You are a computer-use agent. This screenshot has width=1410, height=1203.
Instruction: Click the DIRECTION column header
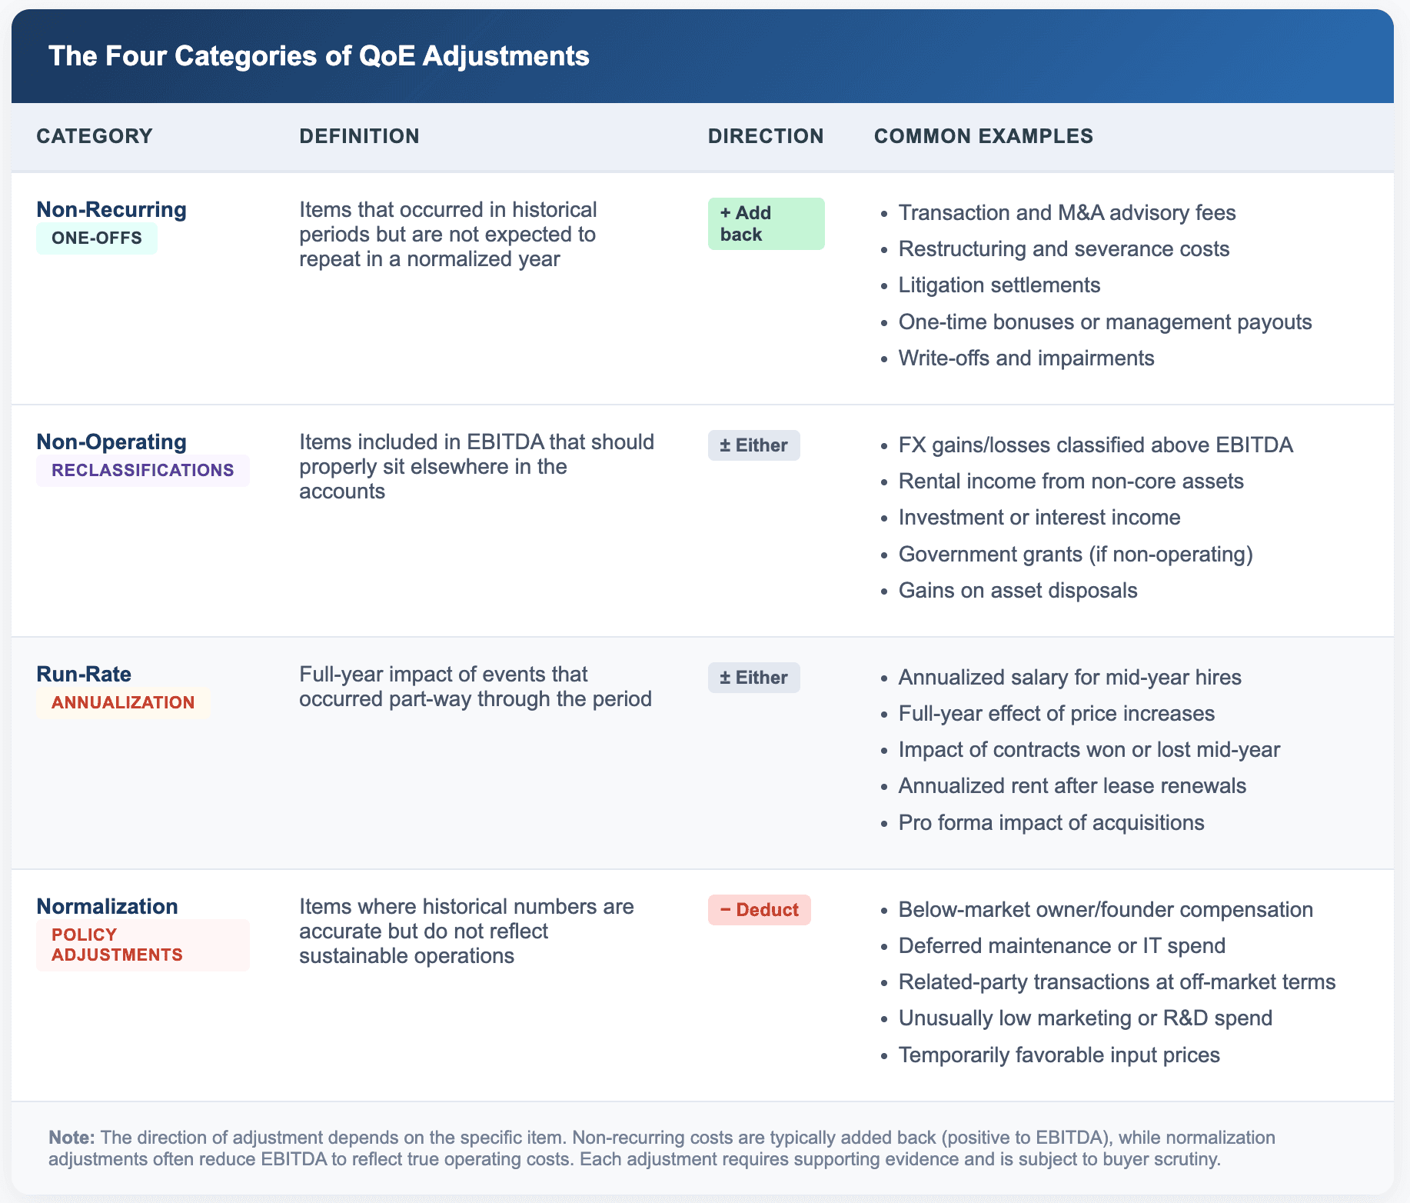point(765,136)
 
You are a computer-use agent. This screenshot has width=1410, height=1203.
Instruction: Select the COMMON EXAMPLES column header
point(983,136)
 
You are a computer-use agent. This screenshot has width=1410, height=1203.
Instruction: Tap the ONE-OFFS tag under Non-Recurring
point(97,238)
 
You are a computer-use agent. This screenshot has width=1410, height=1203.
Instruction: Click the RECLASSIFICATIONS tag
point(142,471)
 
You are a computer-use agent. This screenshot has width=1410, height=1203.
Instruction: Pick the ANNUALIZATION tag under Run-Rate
point(123,703)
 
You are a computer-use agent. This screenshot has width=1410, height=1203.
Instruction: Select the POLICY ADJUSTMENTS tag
point(117,945)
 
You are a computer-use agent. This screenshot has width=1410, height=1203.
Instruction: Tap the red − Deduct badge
point(759,910)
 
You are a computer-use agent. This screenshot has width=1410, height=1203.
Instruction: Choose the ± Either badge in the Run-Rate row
point(753,678)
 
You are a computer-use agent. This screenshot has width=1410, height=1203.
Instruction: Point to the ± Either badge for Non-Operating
point(753,445)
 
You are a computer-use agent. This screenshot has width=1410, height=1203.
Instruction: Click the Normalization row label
point(107,906)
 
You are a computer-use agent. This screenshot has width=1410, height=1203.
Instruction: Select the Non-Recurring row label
point(111,209)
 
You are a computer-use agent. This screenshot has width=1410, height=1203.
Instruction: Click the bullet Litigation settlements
point(999,285)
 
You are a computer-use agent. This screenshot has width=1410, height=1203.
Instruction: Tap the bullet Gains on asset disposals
point(1017,591)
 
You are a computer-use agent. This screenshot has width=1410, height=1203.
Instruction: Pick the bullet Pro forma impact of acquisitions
point(1051,823)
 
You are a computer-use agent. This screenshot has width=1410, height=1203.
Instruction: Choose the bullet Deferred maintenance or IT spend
point(1062,946)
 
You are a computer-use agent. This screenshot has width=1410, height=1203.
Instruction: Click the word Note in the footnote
point(71,1138)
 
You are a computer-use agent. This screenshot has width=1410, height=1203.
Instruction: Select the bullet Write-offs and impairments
point(1026,358)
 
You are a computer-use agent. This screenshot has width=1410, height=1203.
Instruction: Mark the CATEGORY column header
point(95,136)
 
